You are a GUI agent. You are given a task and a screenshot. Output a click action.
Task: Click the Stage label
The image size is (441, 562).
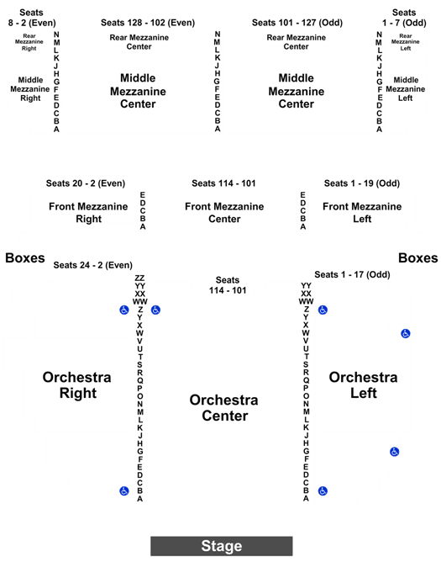click(222, 546)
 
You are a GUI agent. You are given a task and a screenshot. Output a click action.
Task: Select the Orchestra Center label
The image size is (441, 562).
click(224, 408)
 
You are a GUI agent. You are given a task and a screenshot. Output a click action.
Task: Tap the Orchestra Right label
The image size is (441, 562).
click(77, 385)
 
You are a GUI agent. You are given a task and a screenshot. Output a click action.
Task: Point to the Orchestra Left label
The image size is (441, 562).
click(364, 385)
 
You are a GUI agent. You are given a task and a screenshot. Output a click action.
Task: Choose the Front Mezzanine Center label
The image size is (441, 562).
click(224, 213)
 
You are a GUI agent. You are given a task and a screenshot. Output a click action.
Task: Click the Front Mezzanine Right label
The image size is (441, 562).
click(88, 213)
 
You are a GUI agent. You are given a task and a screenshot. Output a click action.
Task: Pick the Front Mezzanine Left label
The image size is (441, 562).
click(362, 213)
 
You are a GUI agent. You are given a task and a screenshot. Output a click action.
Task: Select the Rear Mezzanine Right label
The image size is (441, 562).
click(29, 42)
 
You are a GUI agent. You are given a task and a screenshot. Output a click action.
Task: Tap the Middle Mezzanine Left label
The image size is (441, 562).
click(406, 89)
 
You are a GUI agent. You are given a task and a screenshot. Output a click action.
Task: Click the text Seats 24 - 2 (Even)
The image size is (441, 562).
click(92, 265)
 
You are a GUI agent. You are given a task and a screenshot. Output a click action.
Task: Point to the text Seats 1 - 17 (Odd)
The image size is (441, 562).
click(352, 274)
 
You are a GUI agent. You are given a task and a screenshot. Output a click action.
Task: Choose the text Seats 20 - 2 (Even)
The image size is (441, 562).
click(86, 183)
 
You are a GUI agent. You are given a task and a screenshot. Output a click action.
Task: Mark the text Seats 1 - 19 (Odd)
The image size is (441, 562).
click(362, 183)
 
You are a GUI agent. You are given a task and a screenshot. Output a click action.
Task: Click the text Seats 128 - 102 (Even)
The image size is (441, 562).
click(148, 23)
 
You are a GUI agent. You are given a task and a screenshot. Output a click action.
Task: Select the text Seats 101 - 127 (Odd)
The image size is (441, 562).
click(297, 23)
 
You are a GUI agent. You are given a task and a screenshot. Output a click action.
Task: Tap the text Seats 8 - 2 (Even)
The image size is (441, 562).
click(32, 18)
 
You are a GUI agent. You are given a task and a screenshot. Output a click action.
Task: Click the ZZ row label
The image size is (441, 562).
click(139, 278)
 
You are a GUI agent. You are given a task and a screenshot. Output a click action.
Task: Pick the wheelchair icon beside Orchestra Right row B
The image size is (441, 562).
click(124, 490)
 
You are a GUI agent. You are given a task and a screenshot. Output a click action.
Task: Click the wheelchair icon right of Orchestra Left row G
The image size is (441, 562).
click(395, 452)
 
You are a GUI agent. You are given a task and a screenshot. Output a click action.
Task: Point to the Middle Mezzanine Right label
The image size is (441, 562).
click(30, 89)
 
